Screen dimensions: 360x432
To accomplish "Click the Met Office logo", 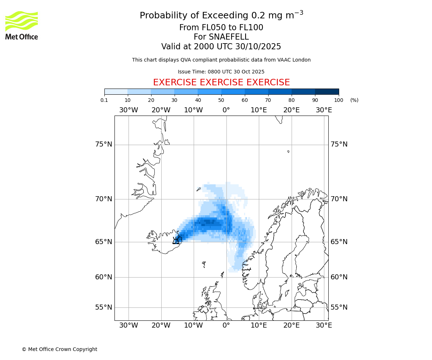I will pos(22,25).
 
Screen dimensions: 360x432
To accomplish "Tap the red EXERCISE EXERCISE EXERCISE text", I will pos(221,82).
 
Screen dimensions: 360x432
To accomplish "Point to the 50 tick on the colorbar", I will pos(221,100).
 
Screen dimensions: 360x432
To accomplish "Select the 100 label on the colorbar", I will pos(339,100).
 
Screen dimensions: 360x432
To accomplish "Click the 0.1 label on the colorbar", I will pos(104,100).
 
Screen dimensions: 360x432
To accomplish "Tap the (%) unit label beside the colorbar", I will pos(354,100).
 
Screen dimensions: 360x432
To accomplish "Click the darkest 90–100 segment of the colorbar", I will pos(327,91).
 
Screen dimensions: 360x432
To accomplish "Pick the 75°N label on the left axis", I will pos(104,144).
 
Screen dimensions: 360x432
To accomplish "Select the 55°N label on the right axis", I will pos(339,307).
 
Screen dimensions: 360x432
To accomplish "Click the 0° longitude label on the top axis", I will pos(226,110).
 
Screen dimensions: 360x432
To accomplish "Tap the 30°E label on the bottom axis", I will pos(324,325).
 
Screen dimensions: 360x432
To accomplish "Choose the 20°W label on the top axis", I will pos(161,110).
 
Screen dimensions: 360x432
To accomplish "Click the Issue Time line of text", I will pos(221,72).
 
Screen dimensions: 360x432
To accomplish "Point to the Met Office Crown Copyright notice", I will pos(59,349).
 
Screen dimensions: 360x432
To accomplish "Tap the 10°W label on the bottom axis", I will pos(193,325).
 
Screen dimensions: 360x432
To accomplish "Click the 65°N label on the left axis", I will pos(104,242).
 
